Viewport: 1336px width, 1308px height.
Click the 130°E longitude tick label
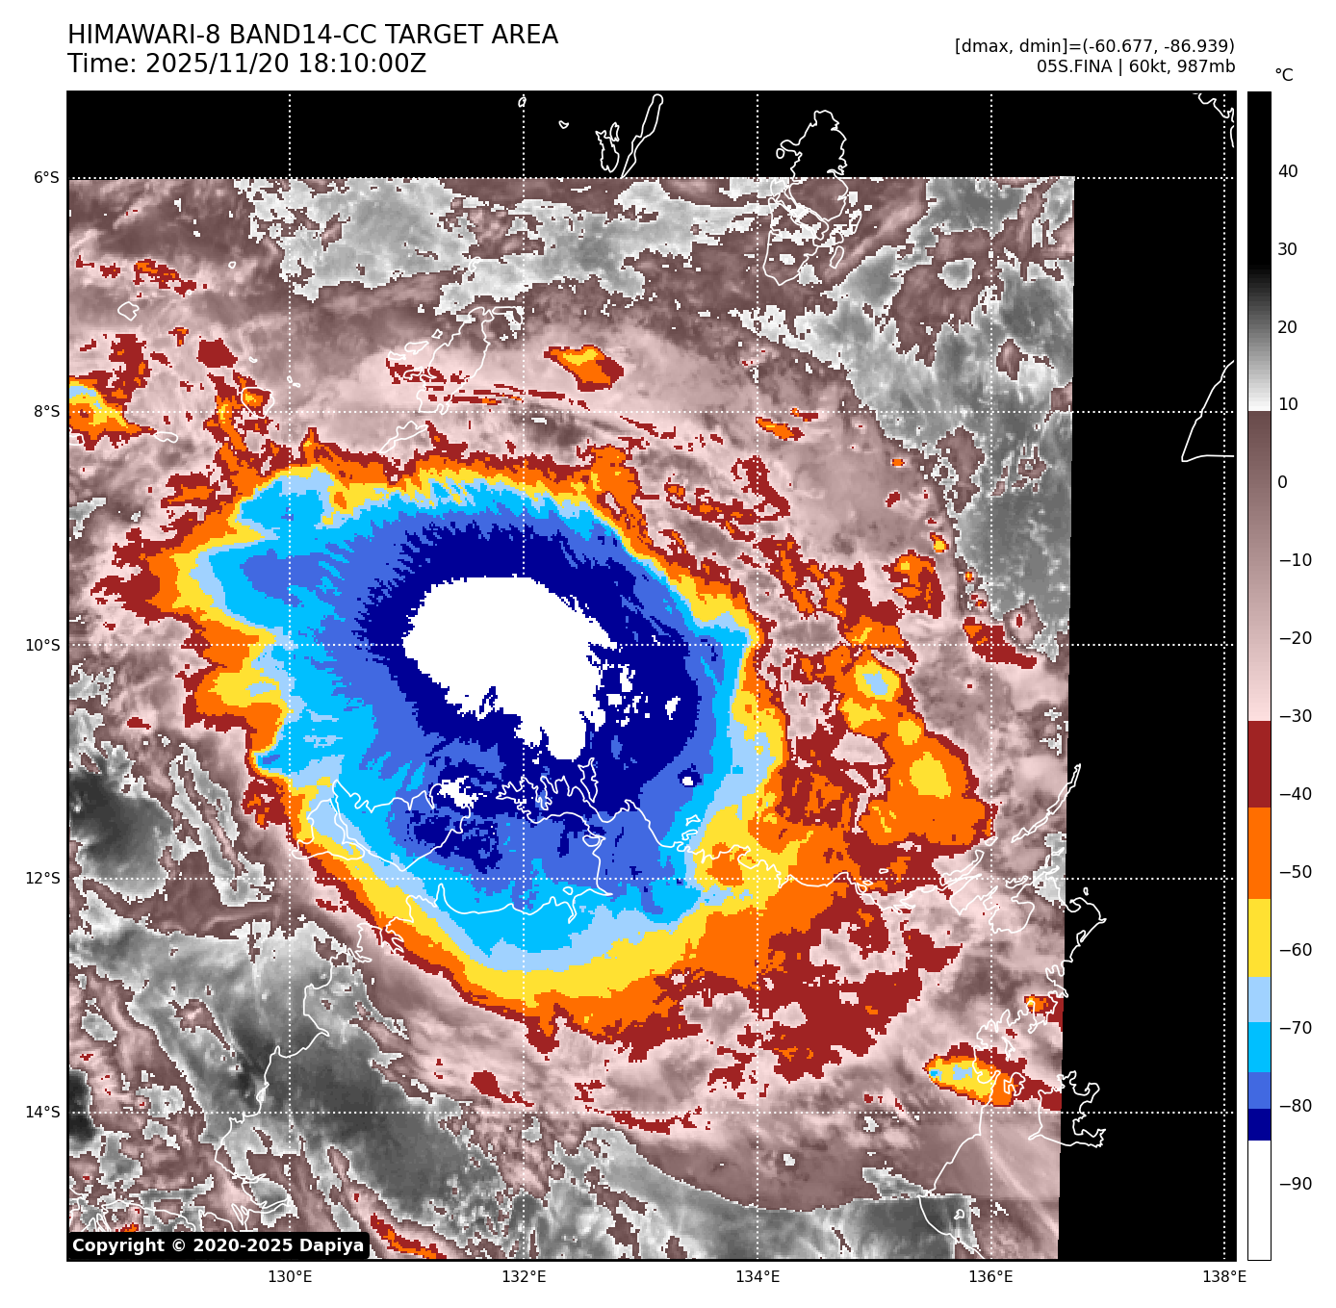click(290, 1277)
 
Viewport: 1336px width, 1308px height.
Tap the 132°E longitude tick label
click(524, 1277)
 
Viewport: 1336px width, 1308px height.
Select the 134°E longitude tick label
click(758, 1277)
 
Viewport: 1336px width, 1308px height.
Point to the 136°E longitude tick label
click(990, 1277)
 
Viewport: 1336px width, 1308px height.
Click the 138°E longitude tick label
click(1224, 1277)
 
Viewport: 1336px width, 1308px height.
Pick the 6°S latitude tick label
click(46, 178)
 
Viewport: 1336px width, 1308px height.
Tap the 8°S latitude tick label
click(46, 412)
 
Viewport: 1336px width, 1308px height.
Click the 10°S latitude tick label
click(42, 645)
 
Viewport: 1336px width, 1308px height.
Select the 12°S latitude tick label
click(42, 879)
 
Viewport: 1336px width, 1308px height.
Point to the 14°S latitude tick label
click(42, 1113)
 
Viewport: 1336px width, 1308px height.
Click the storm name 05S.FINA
click(1073, 66)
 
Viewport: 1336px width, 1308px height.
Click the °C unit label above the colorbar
click(1284, 75)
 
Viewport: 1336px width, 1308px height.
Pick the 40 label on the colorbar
click(1288, 171)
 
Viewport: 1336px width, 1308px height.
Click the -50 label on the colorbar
click(1295, 872)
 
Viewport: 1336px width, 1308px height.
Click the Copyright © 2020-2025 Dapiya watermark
click(218, 1245)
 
